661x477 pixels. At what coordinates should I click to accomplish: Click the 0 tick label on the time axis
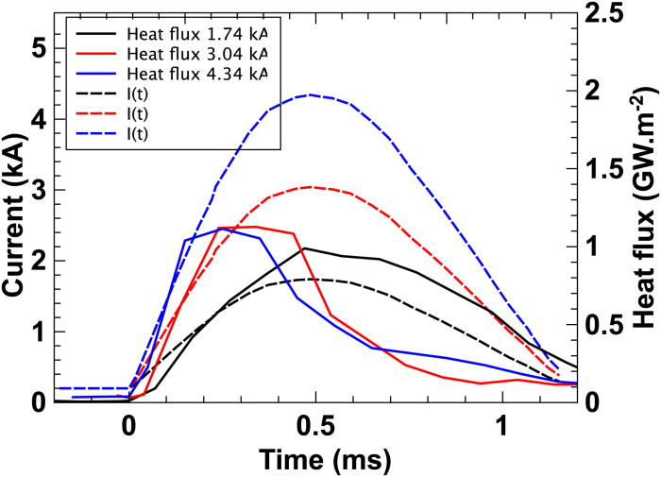point(128,426)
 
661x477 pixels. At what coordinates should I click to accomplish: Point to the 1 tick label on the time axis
point(501,426)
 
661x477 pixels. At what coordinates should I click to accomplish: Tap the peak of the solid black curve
point(303,248)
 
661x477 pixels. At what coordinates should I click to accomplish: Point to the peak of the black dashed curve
point(312,279)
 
